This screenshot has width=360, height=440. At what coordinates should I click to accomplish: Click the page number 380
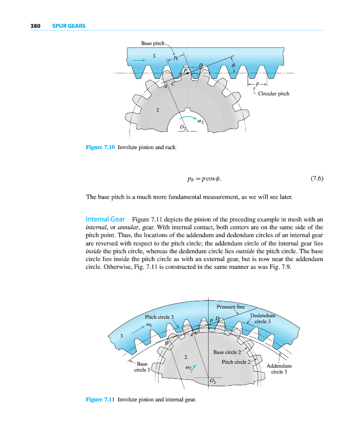coord(35,26)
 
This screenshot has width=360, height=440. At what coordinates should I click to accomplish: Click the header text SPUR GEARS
coord(69,26)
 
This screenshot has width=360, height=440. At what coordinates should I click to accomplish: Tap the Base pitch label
coord(153,44)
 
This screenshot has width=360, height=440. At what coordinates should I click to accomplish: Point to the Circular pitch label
coord(274,93)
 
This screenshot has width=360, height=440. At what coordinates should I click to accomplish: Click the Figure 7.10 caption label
coord(100,147)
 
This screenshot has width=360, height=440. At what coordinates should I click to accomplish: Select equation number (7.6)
coord(317,178)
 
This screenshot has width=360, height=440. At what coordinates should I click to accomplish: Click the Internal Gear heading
coord(106,220)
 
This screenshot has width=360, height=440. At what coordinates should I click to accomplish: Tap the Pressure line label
coord(230,307)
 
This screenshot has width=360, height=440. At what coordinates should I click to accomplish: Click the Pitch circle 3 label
coord(159,317)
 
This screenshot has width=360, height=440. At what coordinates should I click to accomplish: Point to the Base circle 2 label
coord(227,352)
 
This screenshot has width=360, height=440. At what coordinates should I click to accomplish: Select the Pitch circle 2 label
coord(235,362)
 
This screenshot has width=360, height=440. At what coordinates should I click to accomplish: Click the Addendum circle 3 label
coord(279,368)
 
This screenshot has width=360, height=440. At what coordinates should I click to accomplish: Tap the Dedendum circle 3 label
coord(263,318)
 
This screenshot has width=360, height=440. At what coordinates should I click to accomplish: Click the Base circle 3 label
coord(142,367)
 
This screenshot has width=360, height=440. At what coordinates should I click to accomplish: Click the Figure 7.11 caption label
coord(100,399)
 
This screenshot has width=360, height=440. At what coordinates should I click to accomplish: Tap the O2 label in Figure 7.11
coord(212,380)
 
